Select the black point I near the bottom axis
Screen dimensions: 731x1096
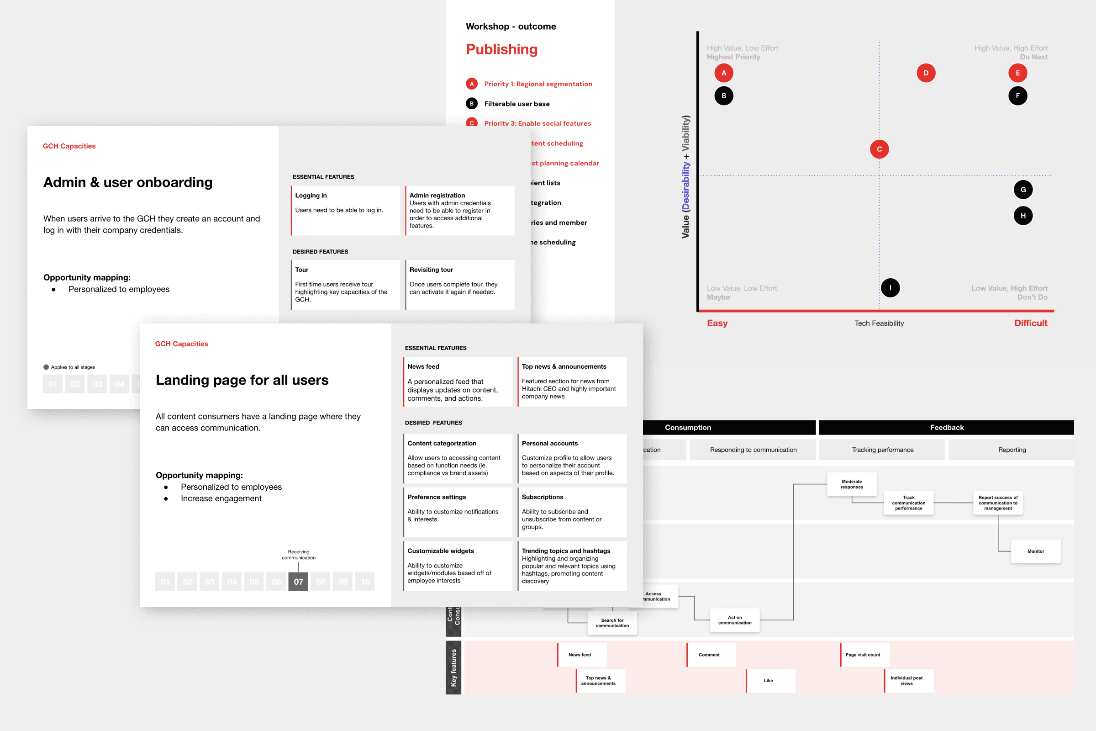coord(890,288)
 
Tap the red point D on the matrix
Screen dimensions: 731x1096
coord(926,73)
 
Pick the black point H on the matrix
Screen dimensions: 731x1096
coord(1023,216)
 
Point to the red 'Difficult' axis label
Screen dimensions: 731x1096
coord(1030,323)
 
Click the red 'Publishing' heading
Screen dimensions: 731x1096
coord(501,49)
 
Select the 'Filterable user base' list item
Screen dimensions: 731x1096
coord(517,104)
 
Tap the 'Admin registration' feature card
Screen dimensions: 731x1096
coord(460,210)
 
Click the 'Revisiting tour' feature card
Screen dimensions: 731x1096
coord(460,284)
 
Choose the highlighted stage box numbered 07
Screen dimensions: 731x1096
coord(298,581)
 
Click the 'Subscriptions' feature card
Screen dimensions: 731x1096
coord(572,511)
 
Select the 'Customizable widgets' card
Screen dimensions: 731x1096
coord(458,565)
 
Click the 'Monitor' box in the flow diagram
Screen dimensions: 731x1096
coord(1035,551)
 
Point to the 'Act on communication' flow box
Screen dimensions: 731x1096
coord(734,620)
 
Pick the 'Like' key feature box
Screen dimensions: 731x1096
coord(769,681)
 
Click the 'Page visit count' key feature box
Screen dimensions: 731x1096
coord(864,655)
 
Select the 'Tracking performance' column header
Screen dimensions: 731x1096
coord(882,450)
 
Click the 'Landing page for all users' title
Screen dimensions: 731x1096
coord(242,380)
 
